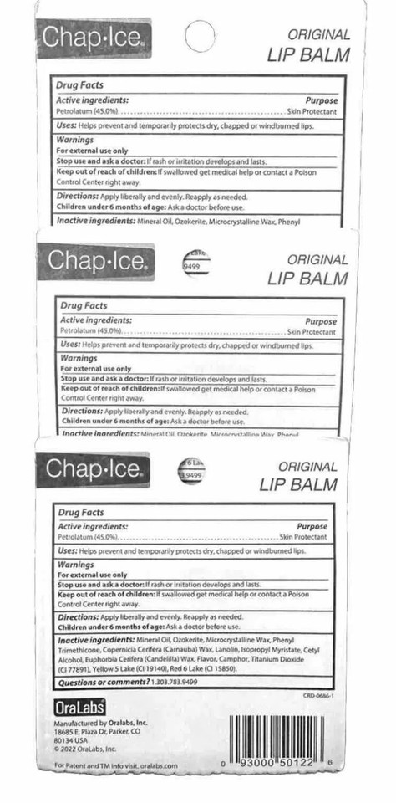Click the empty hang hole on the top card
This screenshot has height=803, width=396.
pyautogui.click(x=199, y=37)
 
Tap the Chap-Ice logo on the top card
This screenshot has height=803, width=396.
pyautogui.click(x=93, y=38)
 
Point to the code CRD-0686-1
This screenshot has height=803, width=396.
pyautogui.click(x=319, y=696)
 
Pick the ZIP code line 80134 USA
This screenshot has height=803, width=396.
pyautogui.click(x=71, y=739)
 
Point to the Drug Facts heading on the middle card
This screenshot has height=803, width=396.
pyautogui.click(x=81, y=306)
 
